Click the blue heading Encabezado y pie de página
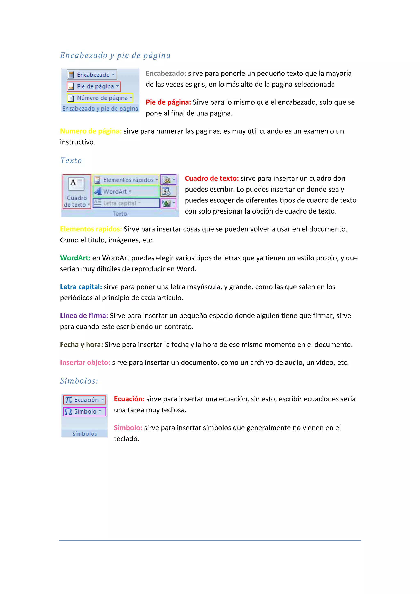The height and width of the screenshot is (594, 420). [115, 55]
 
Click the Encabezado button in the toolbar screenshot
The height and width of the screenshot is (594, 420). [92, 75]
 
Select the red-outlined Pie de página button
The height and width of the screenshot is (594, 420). [94, 86]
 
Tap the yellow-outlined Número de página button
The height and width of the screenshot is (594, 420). [100, 98]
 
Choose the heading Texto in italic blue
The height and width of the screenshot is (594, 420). [71, 160]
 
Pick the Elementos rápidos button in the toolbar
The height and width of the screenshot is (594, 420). [126, 180]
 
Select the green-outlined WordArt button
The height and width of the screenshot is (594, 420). [126, 191]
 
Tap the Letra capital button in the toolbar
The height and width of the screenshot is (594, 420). [126, 203]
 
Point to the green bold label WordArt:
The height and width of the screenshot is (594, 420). [75, 258]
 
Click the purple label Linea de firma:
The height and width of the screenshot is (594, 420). [84, 316]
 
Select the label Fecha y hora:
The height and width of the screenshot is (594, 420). [81, 345]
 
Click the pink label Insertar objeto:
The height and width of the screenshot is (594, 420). [85, 362]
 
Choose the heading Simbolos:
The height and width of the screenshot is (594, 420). [79, 381]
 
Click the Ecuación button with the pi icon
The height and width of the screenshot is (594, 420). [84, 400]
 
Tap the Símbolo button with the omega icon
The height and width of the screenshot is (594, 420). [84, 412]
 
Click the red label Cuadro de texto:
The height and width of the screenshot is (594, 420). [212, 178]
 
